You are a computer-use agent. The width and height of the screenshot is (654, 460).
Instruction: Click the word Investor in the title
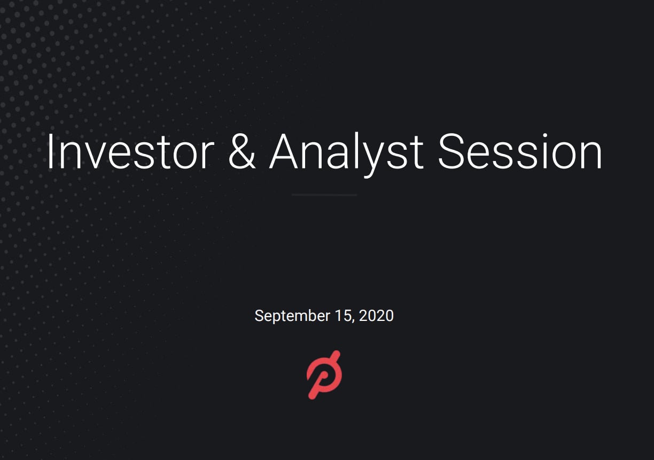pyautogui.click(x=130, y=151)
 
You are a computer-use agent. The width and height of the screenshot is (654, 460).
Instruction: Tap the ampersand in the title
pyautogui.click(x=242, y=151)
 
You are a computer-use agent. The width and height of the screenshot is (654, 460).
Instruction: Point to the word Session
pyautogui.click(x=520, y=151)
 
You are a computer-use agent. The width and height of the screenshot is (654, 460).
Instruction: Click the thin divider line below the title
pyautogui.click(x=324, y=195)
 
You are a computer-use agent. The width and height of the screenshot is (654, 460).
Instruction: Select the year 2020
pyautogui.click(x=376, y=316)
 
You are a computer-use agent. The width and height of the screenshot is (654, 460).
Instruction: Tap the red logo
pyautogui.click(x=324, y=374)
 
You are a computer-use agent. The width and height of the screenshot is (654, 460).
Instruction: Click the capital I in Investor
pyautogui.click(x=50, y=151)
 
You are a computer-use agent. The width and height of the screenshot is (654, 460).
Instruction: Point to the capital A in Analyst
pyautogui.click(x=283, y=151)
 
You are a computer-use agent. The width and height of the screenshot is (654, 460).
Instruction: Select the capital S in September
pyautogui.click(x=259, y=316)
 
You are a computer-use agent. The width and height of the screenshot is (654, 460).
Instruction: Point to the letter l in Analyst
pyautogui.click(x=356, y=150)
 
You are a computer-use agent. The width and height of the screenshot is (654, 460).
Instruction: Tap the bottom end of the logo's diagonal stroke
pyautogui.click(x=313, y=395)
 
